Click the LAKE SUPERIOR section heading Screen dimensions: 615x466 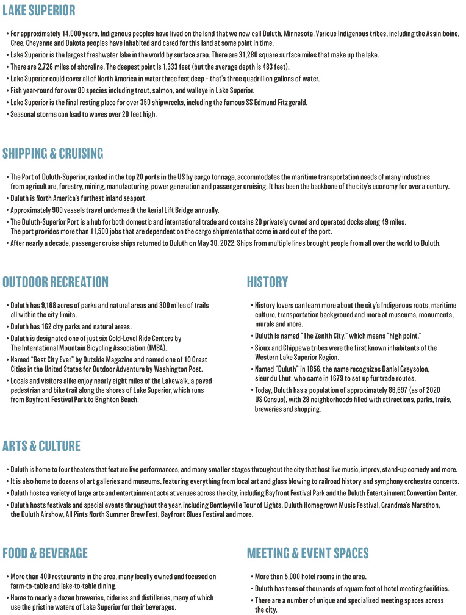point(39,10)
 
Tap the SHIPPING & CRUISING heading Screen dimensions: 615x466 point(53,153)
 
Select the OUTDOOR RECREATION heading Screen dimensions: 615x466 point(56,282)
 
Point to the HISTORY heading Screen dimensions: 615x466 point(267,282)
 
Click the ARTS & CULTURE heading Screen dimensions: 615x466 point(41,446)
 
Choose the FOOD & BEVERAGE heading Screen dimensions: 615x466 point(45,553)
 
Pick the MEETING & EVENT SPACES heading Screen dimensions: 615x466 point(307,553)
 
